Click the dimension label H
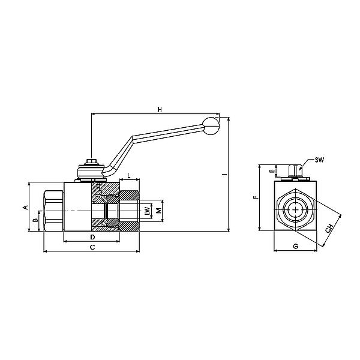[159, 109]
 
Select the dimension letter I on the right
[223, 175]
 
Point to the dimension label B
[35, 221]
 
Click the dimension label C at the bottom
[91, 247]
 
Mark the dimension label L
[130, 176]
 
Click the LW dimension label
[147, 211]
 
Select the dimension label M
[158, 211]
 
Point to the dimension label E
[271, 171]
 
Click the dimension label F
[255, 196]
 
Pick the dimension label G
[295, 247]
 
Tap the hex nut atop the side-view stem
[92, 163]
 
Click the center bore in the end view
[295, 210]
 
